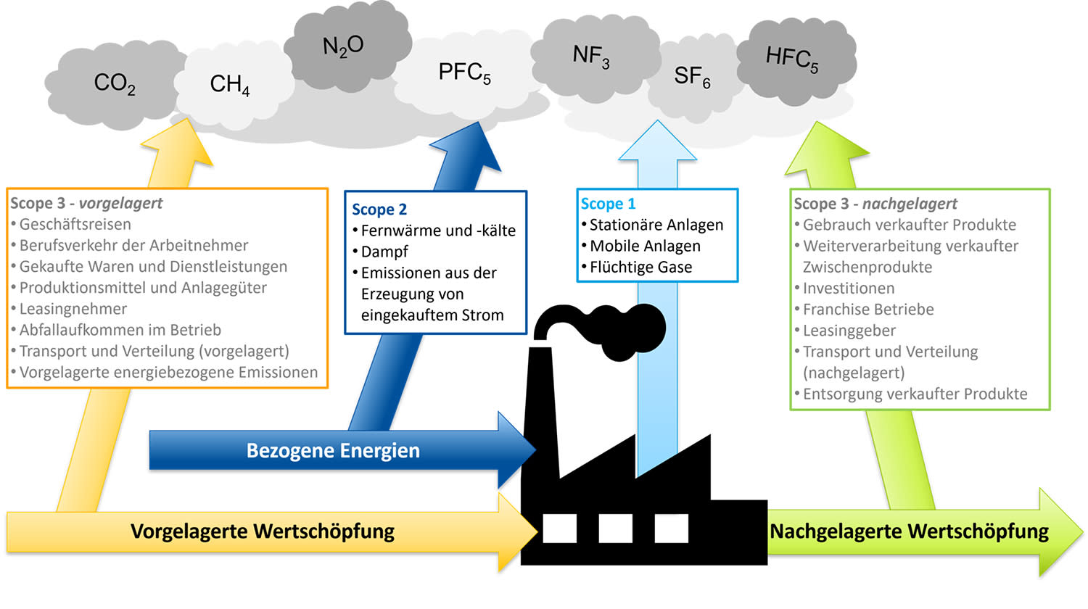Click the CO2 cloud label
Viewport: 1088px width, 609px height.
tap(115, 83)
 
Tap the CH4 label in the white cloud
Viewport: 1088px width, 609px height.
tap(229, 85)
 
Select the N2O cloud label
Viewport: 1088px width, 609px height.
tap(342, 46)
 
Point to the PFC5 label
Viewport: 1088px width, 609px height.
tap(464, 72)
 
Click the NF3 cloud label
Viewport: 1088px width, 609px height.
tap(590, 56)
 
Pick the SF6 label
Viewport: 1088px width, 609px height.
tap(691, 76)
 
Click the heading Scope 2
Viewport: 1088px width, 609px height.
tap(379, 210)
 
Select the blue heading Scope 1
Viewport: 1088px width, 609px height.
tap(608, 204)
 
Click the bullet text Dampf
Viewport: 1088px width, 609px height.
tap(384, 252)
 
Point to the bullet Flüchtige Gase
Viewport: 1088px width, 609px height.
tap(640, 268)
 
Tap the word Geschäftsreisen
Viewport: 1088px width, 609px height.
tap(75, 225)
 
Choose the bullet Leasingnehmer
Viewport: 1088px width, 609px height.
tap(73, 309)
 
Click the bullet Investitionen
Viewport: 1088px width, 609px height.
tap(848, 289)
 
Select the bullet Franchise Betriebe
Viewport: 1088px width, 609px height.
tap(867, 310)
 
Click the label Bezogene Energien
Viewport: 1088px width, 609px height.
tap(333, 451)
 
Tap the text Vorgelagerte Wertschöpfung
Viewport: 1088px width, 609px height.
tap(263, 531)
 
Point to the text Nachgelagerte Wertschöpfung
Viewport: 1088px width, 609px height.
tap(909, 531)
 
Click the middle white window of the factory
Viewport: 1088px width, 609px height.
tap(615, 529)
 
